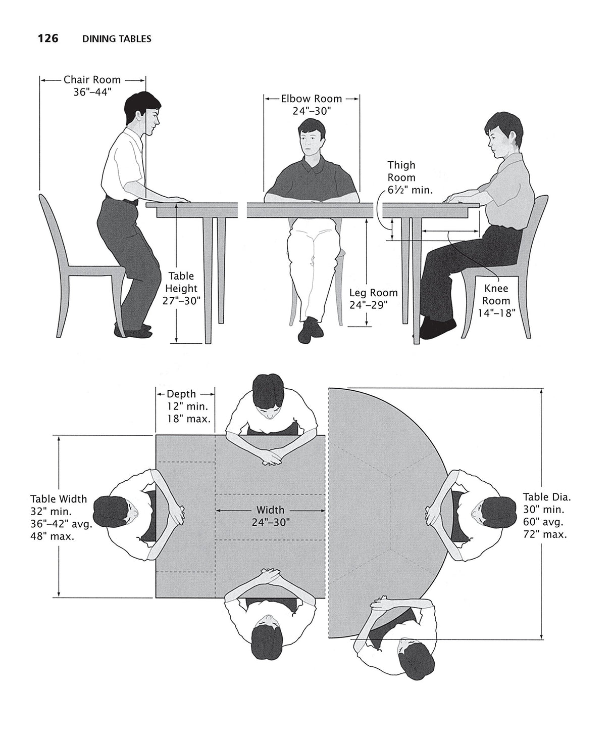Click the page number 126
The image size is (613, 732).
pyautogui.click(x=48, y=38)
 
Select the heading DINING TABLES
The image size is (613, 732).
pyautogui.click(x=117, y=39)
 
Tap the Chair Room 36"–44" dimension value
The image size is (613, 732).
pyautogui.click(x=92, y=92)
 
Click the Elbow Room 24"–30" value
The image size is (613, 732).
pyautogui.click(x=312, y=111)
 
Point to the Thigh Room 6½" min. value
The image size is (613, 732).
pyautogui.click(x=410, y=190)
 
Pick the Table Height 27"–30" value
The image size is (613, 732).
pyautogui.click(x=181, y=301)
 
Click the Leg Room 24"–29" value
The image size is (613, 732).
pyautogui.click(x=368, y=305)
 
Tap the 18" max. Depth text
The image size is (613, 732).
pyautogui.click(x=189, y=419)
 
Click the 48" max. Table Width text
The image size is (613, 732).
pyautogui.click(x=53, y=536)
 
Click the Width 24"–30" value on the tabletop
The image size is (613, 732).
pyautogui.click(x=270, y=522)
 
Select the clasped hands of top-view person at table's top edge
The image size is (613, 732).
pyautogui.click(x=269, y=457)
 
